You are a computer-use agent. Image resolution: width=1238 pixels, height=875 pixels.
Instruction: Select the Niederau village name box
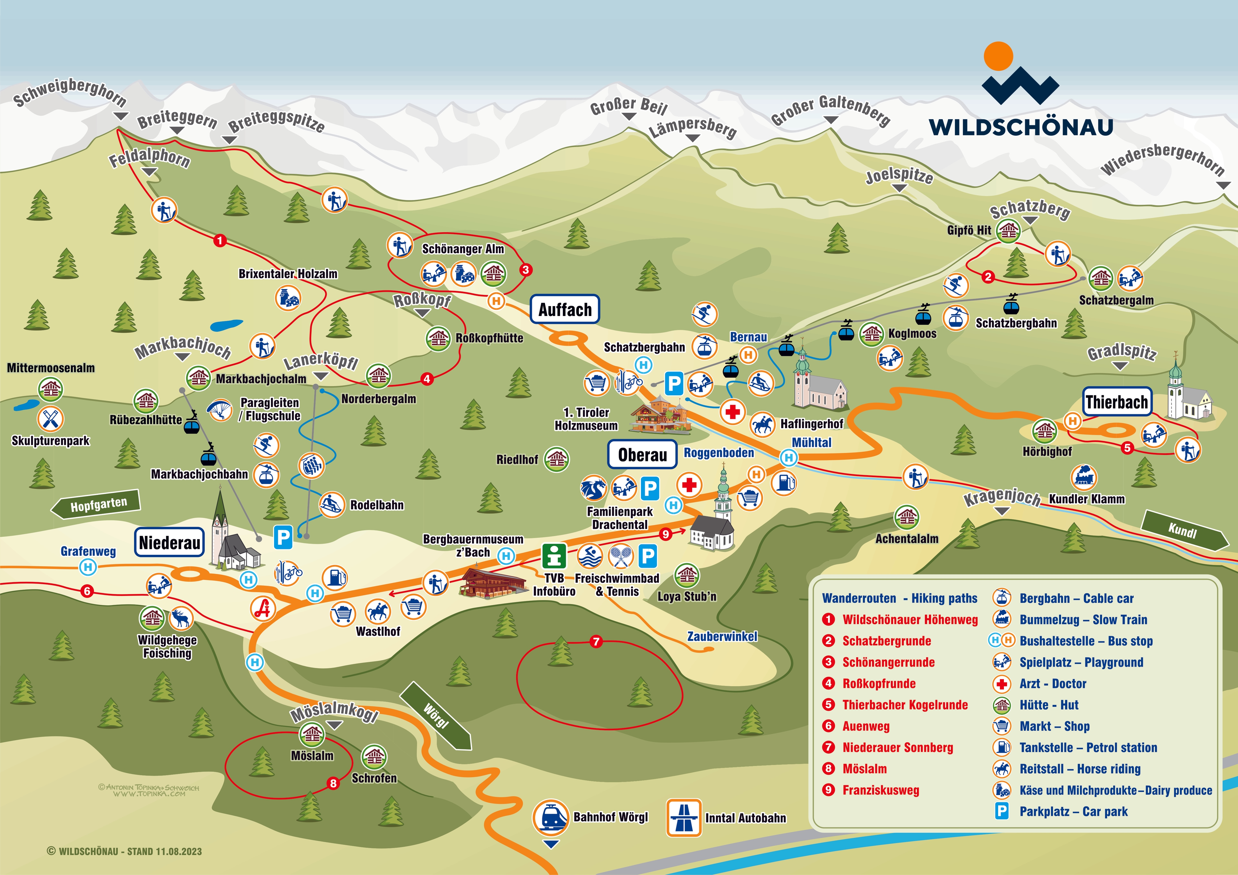(169, 542)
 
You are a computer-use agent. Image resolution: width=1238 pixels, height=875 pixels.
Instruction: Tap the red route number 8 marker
(333, 783)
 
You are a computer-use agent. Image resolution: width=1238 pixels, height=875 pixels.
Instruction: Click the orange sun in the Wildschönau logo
(998, 56)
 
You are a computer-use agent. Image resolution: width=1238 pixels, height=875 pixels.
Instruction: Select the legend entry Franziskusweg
(880, 790)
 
